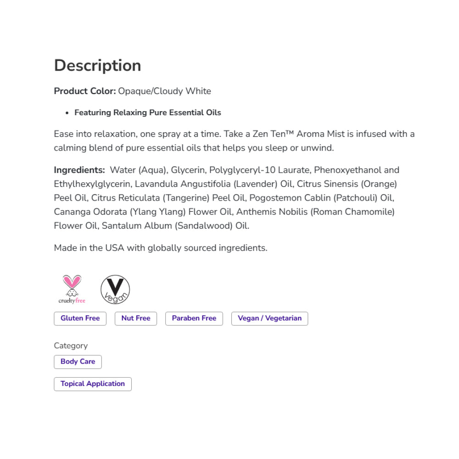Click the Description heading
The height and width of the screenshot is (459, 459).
tap(97, 66)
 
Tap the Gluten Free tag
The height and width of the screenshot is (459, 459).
tap(80, 318)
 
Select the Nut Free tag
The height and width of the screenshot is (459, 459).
tap(136, 318)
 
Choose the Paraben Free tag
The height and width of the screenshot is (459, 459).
tap(194, 318)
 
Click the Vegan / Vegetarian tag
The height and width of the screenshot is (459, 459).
tap(269, 318)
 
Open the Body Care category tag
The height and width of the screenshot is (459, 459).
tap(78, 362)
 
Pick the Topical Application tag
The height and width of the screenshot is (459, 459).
tap(92, 384)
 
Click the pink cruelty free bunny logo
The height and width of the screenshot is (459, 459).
tap(72, 289)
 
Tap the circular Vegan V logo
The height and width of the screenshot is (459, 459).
tap(115, 290)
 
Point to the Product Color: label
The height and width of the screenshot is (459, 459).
tap(85, 91)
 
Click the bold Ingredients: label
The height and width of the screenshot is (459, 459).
tap(79, 170)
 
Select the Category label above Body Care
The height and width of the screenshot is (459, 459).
tap(71, 346)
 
